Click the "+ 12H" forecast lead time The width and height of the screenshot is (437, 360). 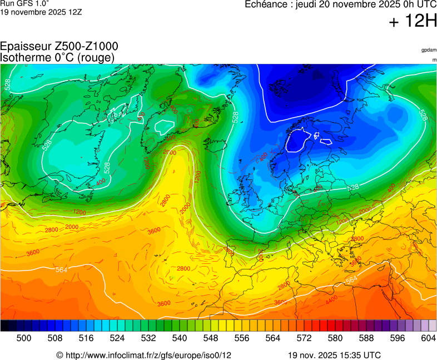point(413,21)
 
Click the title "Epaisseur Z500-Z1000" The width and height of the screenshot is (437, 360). point(59,47)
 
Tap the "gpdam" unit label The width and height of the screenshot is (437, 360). point(429,50)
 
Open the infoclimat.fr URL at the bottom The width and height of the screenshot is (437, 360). point(148,355)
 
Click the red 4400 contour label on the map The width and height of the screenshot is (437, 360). point(331,300)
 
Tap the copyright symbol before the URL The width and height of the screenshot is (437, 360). point(59,355)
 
